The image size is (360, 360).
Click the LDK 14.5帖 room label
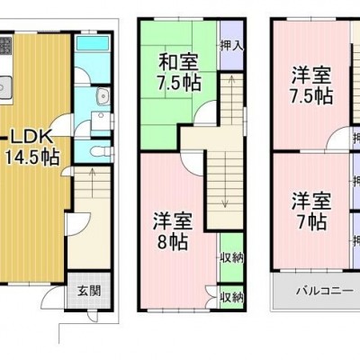32,148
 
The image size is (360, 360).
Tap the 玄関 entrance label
89,291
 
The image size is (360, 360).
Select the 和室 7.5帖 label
179,72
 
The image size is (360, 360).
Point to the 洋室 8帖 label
173,231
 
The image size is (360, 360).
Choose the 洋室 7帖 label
311,211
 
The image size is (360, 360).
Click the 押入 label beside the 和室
231,46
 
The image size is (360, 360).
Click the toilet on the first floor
100,151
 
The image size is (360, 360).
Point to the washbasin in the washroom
103,96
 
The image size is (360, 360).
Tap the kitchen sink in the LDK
5,87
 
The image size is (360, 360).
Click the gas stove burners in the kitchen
5,44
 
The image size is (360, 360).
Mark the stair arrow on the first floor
93,182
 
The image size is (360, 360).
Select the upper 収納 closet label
231,258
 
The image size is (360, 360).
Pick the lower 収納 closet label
231,297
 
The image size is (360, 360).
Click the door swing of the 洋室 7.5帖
338,138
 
